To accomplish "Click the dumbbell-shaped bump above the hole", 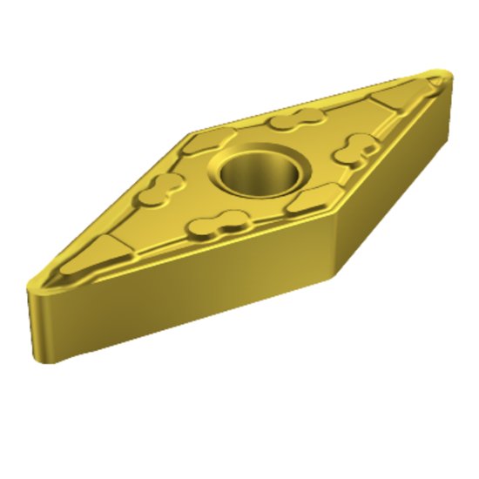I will [x=290, y=122].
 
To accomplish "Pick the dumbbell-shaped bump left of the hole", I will [x=166, y=186].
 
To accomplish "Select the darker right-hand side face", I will [x=392, y=192].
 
